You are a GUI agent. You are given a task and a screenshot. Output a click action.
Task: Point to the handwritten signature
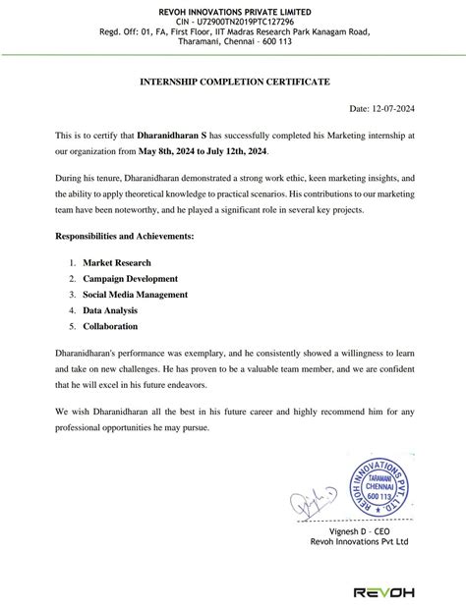pyautogui.click(x=314, y=503)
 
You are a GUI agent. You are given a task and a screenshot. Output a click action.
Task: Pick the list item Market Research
pyautogui.click(x=117, y=262)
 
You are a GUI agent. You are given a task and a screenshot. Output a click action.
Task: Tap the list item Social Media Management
pyautogui.click(x=135, y=294)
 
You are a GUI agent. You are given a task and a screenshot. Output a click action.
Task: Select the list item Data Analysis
pyautogui.click(x=110, y=309)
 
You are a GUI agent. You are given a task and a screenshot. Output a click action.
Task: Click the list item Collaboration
pyautogui.click(x=110, y=325)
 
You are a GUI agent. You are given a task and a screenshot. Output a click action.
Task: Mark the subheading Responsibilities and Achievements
pyautogui.click(x=124, y=237)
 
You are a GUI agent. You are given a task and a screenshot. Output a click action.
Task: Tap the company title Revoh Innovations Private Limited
pyautogui.click(x=232, y=9)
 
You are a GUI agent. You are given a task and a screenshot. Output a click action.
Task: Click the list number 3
pyautogui.click(x=72, y=294)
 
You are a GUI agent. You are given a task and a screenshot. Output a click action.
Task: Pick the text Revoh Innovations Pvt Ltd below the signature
pyautogui.click(x=359, y=541)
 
